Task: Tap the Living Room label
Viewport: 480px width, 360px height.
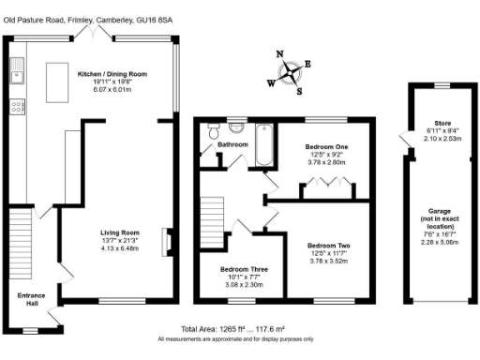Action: tap(119, 232)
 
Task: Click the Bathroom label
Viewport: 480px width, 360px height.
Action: tap(232, 145)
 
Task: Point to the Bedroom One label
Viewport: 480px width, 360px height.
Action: tap(327, 147)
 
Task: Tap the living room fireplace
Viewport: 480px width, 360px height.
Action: tap(167, 240)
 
